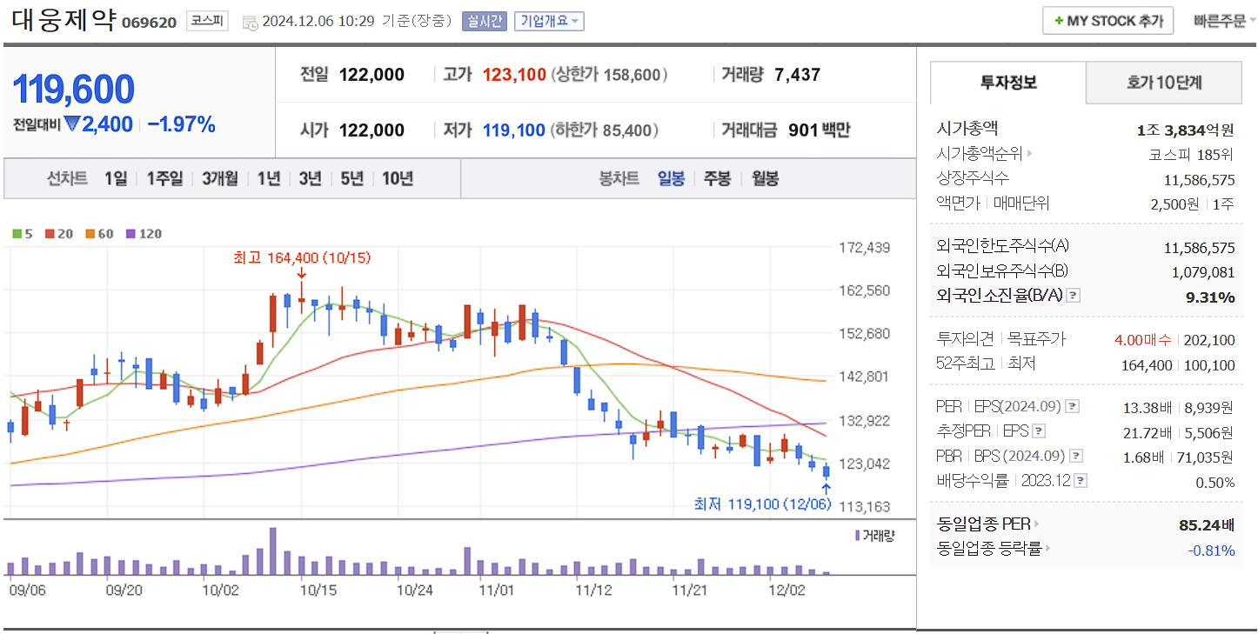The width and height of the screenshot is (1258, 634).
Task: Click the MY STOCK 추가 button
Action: [1107, 21]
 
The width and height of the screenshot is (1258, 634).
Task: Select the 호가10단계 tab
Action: [1163, 83]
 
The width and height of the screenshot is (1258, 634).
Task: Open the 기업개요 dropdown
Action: [549, 21]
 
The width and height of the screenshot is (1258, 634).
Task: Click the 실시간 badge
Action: [484, 21]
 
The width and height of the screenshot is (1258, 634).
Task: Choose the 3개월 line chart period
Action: [219, 178]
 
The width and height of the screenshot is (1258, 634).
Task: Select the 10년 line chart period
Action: [398, 178]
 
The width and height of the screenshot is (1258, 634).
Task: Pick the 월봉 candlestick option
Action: [765, 178]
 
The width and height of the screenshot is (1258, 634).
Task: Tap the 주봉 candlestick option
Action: [717, 178]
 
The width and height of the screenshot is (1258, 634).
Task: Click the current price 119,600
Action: [73, 90]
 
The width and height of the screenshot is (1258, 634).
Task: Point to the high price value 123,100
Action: [514, 75]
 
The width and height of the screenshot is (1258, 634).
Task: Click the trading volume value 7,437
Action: [797, 75]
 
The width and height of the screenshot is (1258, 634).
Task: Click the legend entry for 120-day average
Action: [144, 234]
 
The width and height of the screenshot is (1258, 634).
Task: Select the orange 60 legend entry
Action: [98, 234]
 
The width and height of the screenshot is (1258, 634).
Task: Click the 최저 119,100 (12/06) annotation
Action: [762, 504]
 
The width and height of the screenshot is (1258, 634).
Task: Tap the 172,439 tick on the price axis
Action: [864, 248]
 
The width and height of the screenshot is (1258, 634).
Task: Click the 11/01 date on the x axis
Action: [496, 590]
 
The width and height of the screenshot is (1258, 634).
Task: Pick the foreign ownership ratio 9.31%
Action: [1210, 297]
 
